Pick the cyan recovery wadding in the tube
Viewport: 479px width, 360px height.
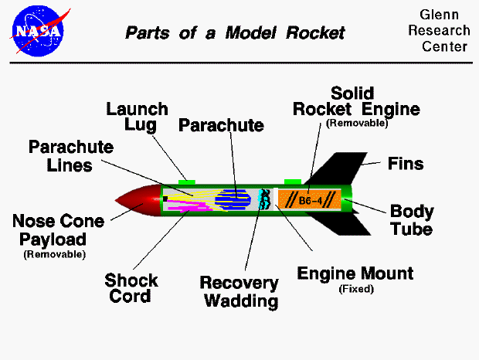[x=264, y=199]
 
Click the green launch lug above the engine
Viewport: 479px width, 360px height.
[x=293, y=182]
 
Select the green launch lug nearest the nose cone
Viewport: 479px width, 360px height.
[x=187, y=182]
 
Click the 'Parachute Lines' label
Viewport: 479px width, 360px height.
[x=71, y=155]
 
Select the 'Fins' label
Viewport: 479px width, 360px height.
[x=406, y=164]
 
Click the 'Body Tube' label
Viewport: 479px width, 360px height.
[x=411, y=220]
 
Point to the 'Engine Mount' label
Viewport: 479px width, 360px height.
[x=355, y=273]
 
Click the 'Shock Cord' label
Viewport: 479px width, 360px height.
[x=131, y=287]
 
